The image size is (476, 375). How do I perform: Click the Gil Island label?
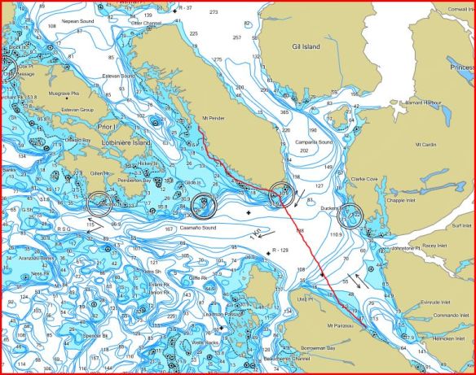(x=306, y=47)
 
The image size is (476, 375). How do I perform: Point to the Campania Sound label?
(x=313, y=142)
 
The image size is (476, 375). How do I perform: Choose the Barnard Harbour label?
(x=423, y=103)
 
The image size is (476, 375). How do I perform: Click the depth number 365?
(x=284, y=112)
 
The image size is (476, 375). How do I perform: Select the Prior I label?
(x=108, y=127)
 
